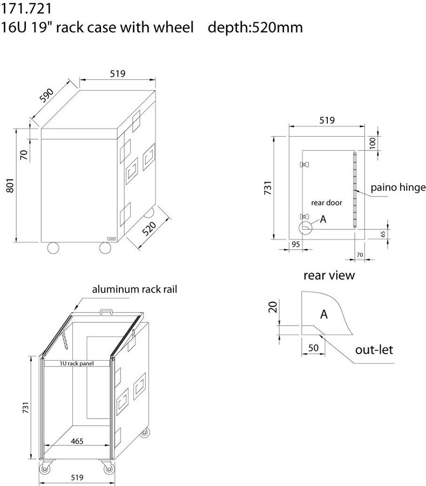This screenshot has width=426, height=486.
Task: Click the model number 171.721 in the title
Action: point(26,9)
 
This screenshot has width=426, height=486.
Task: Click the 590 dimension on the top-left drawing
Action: point(47,96)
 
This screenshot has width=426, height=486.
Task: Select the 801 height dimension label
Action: point(10,185)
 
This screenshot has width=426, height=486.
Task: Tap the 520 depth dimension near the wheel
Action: point(149,229)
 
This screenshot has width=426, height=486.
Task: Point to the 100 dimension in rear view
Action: point(373,143)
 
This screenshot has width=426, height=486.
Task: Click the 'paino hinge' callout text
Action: point(398,187)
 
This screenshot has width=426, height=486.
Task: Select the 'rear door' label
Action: point(327,202)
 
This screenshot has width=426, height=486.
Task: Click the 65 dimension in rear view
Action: point(383,234)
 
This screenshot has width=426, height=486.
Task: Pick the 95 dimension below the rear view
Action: point(296,244)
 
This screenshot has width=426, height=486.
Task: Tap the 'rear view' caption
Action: point(329,275)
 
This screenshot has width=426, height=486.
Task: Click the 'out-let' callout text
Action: point(374,350)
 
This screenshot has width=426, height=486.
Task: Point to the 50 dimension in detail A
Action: point(313,348)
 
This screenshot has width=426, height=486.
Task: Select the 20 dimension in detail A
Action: point(273,307)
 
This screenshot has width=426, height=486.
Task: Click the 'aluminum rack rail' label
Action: point(134,289)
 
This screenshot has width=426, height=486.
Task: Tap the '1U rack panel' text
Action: point(77,363)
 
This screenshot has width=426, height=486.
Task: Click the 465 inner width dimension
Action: point(77,441)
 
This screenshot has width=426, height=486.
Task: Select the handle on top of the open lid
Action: point(106,311)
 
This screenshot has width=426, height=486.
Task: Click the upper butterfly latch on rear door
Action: point(305,164)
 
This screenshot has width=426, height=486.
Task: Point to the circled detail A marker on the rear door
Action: point(306,228)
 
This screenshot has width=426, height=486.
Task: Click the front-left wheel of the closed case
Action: point(53,248)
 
